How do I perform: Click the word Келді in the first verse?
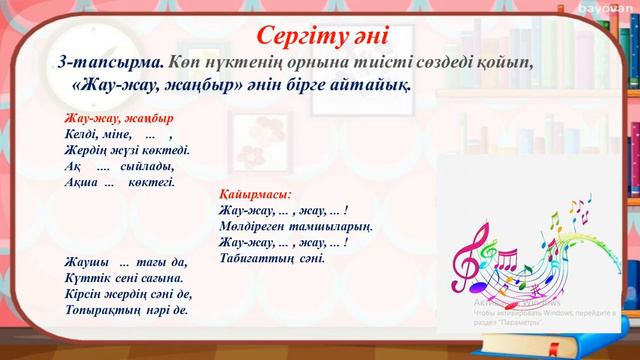coord(82,134)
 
